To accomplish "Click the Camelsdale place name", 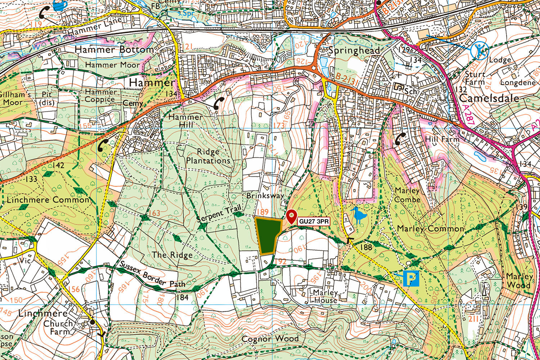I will [489, 98].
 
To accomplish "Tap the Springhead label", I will [354, 50].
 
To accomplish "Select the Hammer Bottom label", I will [114, 49].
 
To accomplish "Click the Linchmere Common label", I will [48, 200].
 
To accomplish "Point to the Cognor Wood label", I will [270, 339].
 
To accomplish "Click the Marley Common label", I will [431, 229].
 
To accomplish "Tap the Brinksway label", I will [265, 195].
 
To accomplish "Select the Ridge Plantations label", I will [208, 156].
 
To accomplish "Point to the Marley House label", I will [325, 296].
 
